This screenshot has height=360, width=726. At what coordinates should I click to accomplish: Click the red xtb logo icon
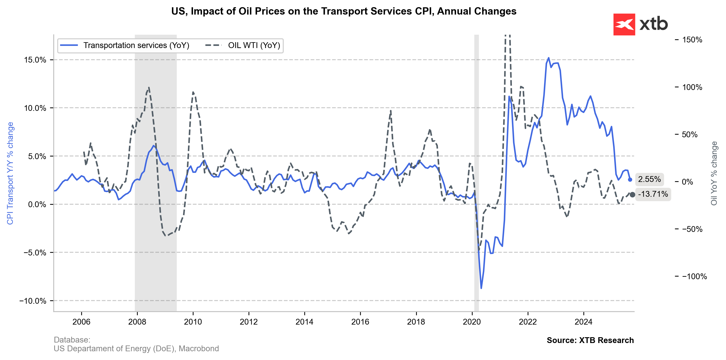pos(624,25)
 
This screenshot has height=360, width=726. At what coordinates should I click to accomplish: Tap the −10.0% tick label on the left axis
pos(33,301)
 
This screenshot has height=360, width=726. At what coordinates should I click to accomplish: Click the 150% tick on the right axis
pos(692,40)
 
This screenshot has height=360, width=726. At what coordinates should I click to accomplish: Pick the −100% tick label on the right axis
pos(694,276)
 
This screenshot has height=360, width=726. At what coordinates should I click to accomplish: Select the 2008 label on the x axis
pos(137,322)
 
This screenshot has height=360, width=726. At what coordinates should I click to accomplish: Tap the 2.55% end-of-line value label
pos(649,179)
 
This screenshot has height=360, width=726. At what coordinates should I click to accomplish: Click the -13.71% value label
pos(653,194)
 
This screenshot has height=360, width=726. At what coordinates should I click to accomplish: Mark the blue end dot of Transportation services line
pos(630,180)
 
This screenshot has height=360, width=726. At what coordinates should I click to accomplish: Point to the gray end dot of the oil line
pos(632,195)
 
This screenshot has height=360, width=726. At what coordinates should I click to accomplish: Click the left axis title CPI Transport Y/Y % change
pos(10,173)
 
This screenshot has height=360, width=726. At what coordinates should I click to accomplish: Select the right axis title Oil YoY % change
pos(714,173)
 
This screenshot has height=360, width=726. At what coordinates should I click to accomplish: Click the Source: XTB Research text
pos(590,340)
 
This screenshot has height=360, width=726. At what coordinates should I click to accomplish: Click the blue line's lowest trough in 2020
pos(481,288)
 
